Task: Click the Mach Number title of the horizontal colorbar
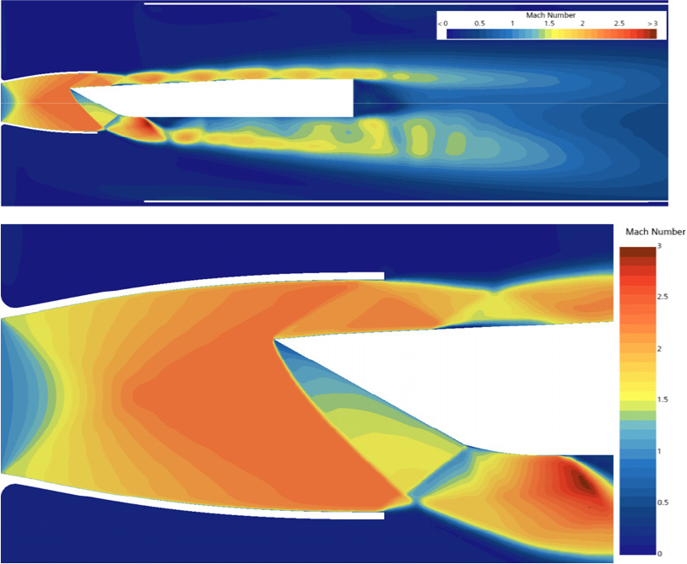point(551,15)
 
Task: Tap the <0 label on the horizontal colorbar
point(442,24)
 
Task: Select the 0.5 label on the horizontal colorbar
point(479,24)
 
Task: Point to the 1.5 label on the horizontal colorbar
point(549,24)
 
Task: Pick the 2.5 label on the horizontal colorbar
point(619,24)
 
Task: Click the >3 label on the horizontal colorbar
point(653,24)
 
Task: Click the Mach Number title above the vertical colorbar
point(655,232)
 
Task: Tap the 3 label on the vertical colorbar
point(659,246)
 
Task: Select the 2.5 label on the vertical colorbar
point(663,297)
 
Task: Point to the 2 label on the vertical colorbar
point(659,349)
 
